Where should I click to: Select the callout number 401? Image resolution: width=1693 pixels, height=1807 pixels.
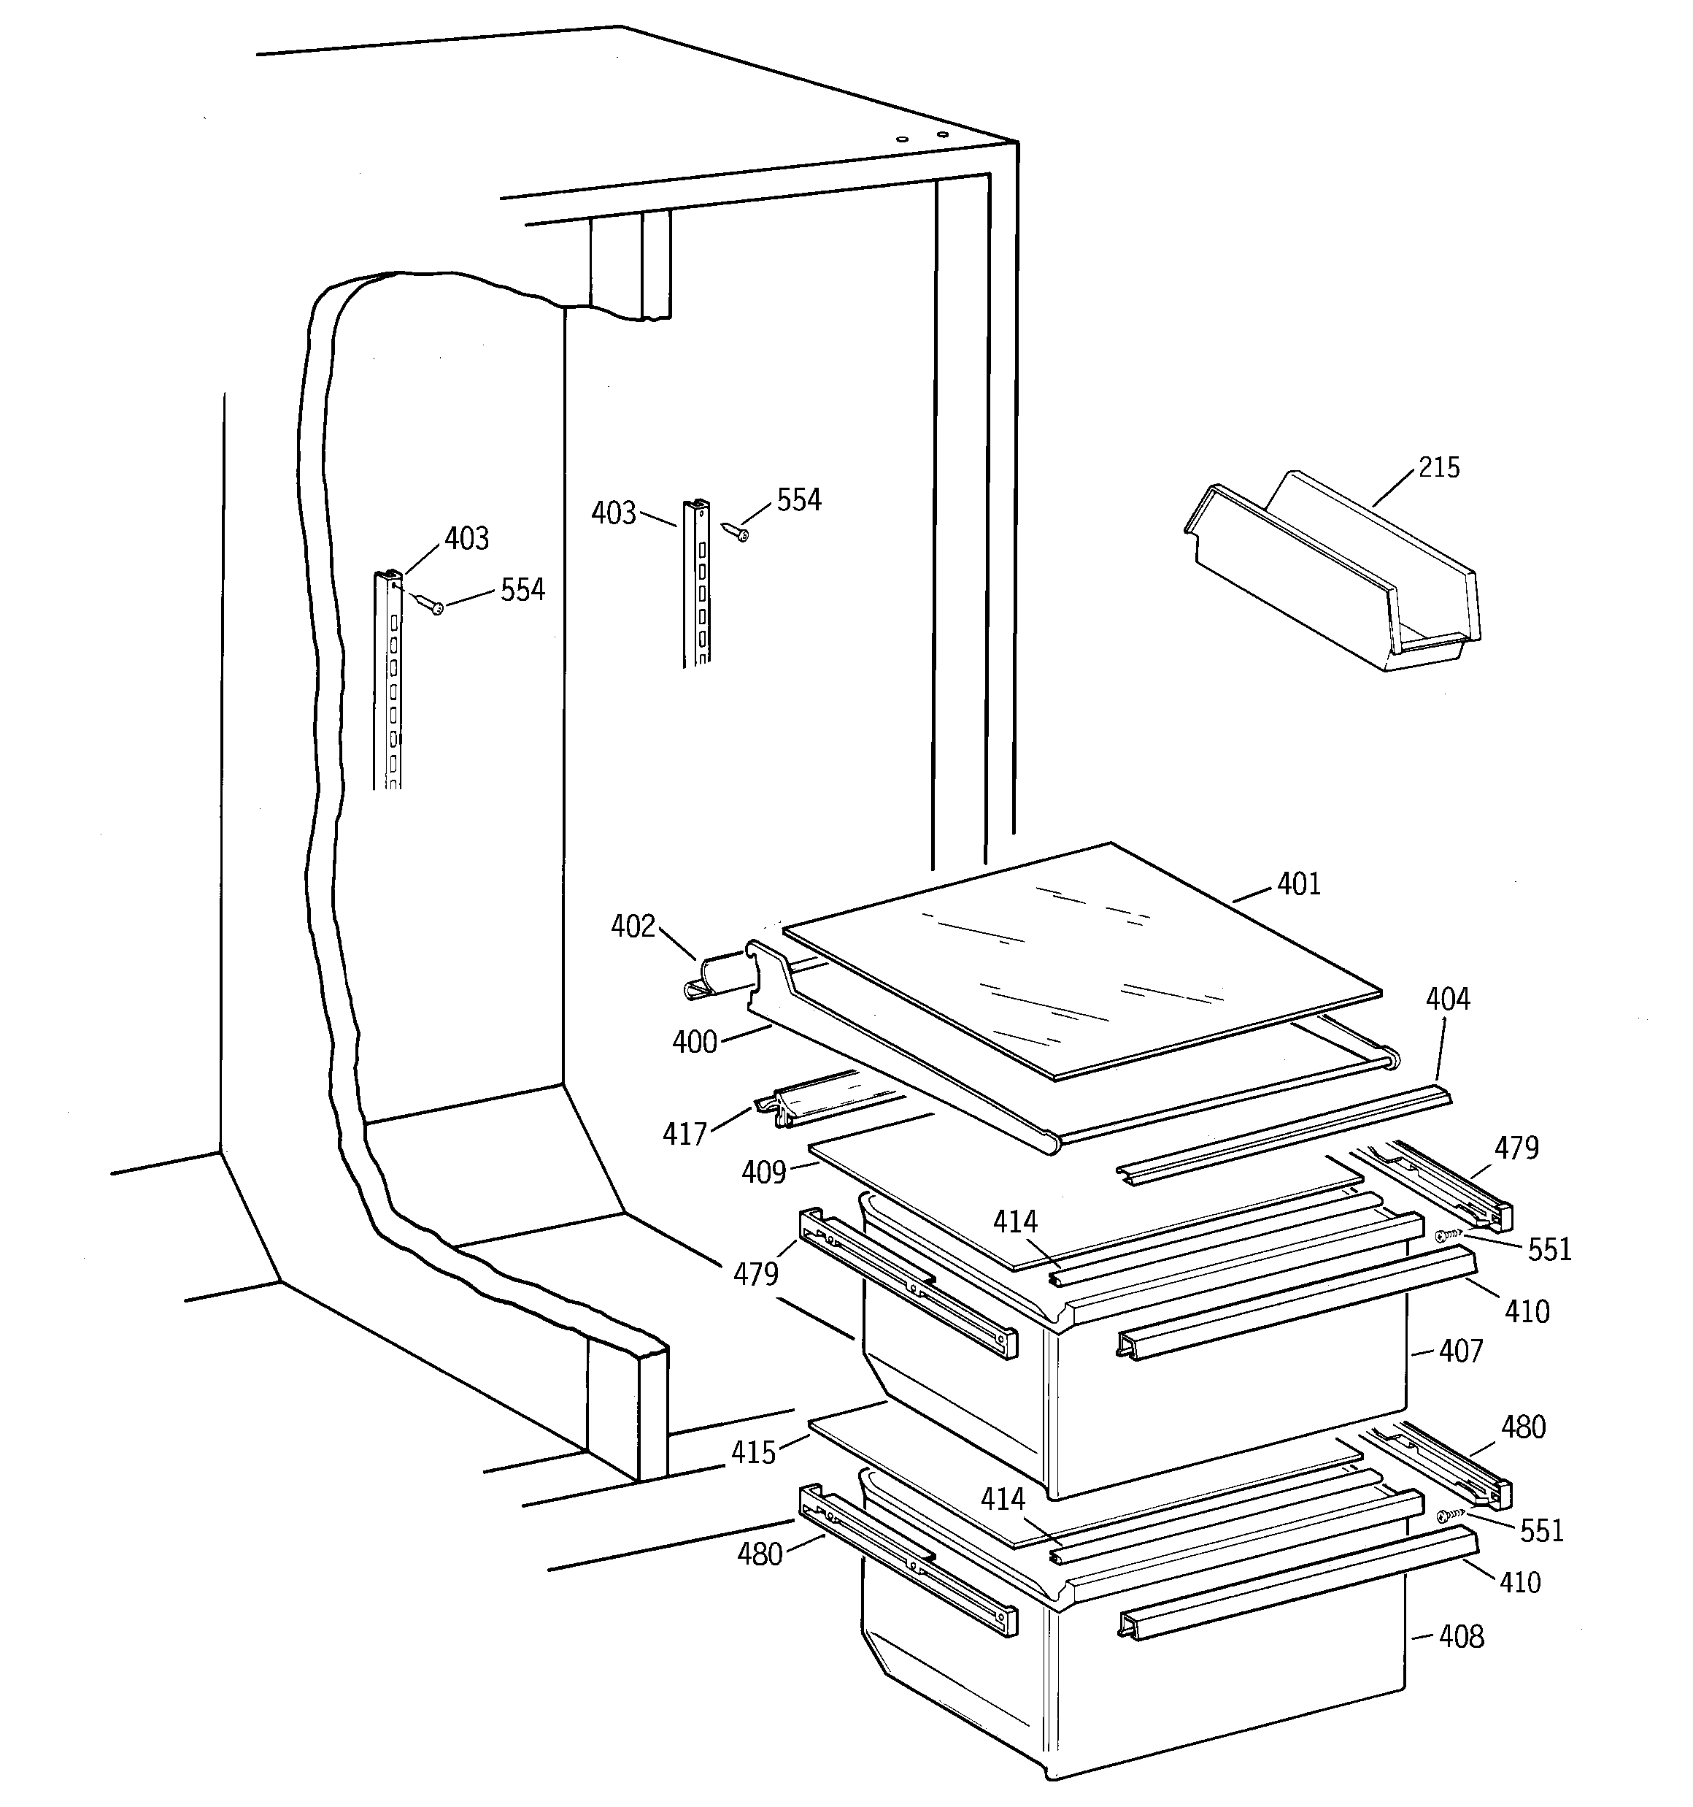point(1299,883)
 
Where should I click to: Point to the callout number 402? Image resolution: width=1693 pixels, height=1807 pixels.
point(633,926)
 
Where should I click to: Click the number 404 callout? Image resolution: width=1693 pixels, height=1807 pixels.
point(1448,999)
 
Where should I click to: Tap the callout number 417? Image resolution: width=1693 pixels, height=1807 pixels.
point(685,1133)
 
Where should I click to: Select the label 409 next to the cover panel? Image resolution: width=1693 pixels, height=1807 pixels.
point(763,1173)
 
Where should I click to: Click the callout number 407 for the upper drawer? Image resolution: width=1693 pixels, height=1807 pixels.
point(1460,1351)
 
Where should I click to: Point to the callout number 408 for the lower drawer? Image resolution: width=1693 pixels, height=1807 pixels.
point(1461,1637)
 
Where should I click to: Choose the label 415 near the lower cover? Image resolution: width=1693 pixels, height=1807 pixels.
point(755,1452)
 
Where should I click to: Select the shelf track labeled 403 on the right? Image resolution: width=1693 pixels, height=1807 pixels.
point(696,582)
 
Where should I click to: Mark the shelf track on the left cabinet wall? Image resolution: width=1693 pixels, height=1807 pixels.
point(388,682)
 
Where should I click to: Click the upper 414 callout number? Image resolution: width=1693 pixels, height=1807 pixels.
point(1014,1221)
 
